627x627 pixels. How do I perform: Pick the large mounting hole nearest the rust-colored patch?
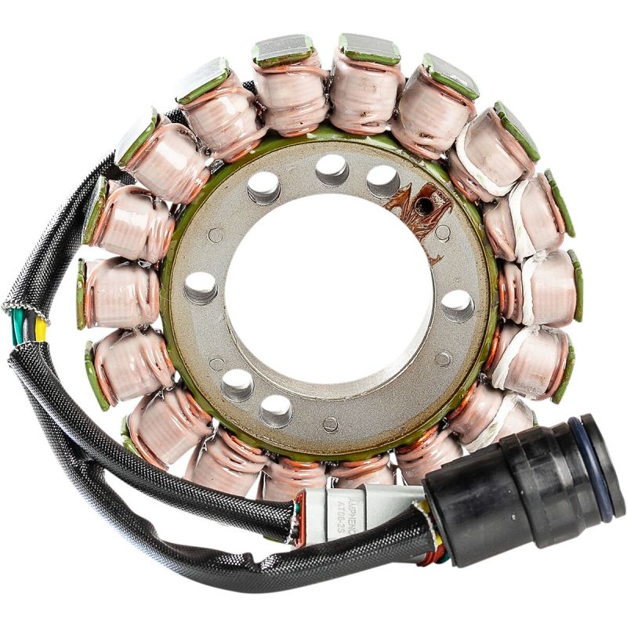click(382, 181)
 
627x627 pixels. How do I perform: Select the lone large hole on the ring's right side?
click(457, 306)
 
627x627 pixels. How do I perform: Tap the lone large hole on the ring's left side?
click(201, 288)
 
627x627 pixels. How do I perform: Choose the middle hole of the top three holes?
click(332, 169)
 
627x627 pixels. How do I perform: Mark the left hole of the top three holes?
click(263, 187)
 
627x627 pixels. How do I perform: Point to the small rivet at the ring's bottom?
click(330, 424)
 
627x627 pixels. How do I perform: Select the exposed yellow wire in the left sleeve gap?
click(39, 331)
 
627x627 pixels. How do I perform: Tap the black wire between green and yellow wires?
click(28, 330)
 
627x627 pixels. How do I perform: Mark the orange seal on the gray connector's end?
click(298, 521)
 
